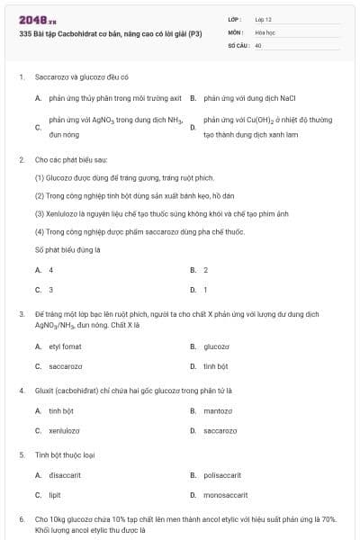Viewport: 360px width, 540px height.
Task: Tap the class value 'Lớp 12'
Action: click(264, 19)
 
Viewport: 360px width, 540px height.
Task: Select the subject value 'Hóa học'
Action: click(266, 31)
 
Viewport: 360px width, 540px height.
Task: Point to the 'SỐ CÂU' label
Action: click(237, 44)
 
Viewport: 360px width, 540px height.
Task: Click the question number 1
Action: click(21, 77)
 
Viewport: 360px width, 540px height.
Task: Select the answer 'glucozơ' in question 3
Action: click(217, 346)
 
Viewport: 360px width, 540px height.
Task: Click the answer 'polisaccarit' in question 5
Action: click(223, 475)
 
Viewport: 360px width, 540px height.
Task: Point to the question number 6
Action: click(21, 519)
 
